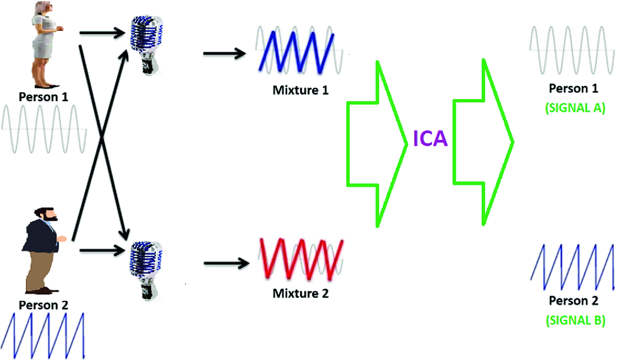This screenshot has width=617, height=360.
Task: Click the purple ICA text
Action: click(430, 139)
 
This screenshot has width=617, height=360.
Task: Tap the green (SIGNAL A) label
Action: click(575, 108)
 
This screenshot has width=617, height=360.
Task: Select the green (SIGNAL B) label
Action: click(575, 320)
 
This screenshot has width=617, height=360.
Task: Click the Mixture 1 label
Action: click(301, 90)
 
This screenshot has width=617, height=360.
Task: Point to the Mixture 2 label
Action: click(301, 293)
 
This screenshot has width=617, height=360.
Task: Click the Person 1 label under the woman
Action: click(43, 97)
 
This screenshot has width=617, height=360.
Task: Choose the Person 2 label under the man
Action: click(43, 305)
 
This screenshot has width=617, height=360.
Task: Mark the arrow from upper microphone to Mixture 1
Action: click(224, 54)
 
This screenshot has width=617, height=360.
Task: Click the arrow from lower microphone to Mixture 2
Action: click(224, 264)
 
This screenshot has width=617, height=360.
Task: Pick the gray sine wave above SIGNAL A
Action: click(572, 50)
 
